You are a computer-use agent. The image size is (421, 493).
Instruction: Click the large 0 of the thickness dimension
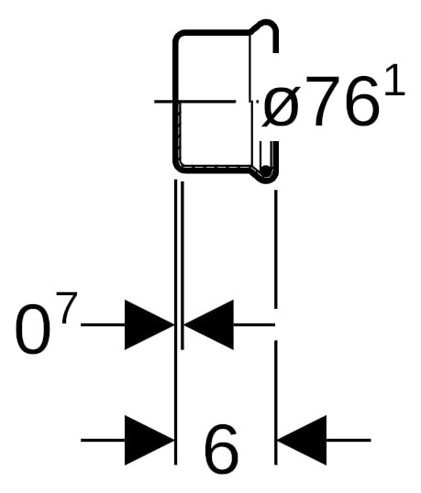click(32, 329)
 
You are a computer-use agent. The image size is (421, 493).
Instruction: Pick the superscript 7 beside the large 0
click(66, 307)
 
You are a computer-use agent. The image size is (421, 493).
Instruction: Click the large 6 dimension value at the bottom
click(221, 449)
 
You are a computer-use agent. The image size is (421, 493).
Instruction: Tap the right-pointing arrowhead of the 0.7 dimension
click(150, 324)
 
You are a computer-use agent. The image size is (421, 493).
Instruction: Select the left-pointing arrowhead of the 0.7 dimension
click(208, 324)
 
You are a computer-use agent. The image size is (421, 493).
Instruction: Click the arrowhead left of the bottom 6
click(150, 440)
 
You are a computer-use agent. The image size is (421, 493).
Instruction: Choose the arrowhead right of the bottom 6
click(302, 440)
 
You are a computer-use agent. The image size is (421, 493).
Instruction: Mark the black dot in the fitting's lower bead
click(266, 170)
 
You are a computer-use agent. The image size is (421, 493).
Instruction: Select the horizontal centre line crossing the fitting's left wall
click(195, 101)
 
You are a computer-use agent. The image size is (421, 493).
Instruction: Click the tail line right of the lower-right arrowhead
click(349, 440)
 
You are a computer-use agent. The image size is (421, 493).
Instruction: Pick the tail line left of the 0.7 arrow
click(103, 324)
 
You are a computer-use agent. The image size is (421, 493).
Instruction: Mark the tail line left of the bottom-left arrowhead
click(103, 440)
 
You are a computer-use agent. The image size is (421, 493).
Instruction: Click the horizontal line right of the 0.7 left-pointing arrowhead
click(254, 324)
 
